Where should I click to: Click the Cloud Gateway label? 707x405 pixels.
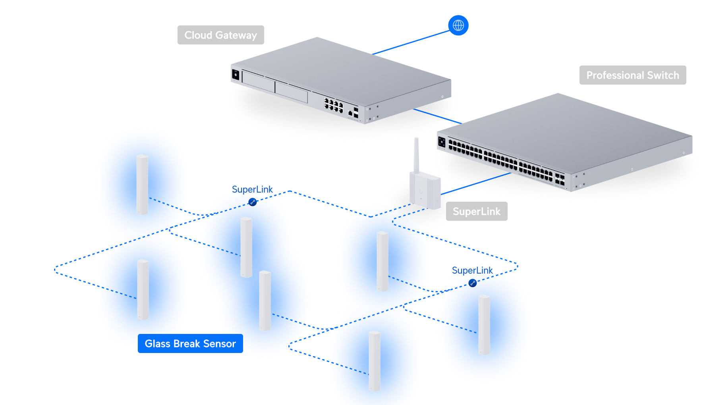pos(220,35)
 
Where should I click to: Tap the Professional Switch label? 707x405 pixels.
pos(632,75)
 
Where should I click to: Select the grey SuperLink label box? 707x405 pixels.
pos(476,212)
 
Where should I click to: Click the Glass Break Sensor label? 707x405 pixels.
pos(190,343)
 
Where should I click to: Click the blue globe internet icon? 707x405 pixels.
pos(458,25)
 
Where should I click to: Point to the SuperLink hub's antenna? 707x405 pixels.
pos(416,155)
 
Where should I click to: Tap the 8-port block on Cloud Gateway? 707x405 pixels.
pos(334,105)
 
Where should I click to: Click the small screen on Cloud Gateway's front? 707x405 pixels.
pos(236,74)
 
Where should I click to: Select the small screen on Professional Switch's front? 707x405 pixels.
pos(442,141)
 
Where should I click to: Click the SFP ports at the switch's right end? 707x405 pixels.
pos(560,179)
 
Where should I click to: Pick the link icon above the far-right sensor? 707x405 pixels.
pos(473,283)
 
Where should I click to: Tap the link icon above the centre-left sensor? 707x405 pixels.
pos(253,202)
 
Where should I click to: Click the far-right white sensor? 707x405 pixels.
pos(484,325)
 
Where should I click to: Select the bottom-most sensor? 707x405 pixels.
pos(375,361)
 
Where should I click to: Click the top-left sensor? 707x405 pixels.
pos(142,185)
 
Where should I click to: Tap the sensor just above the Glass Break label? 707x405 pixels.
pos(143,289)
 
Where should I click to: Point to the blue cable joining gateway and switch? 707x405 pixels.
pos(437,116)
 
